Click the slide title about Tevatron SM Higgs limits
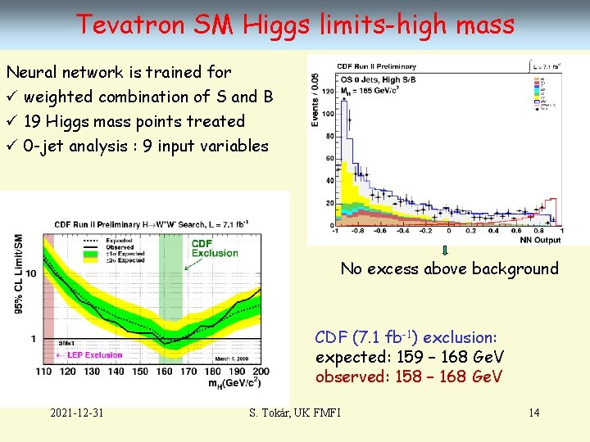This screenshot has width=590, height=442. click(295, 25)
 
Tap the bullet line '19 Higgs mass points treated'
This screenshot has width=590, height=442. click(134, 121)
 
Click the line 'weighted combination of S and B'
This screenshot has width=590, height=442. click(147, 97)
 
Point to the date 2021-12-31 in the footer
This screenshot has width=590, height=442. click(76, 412)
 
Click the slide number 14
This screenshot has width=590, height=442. click(533, 412)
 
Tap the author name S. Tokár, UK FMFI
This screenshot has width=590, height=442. click(295, 412)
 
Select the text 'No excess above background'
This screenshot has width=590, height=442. click(449, 268)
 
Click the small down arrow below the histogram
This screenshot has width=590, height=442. click(444, 251)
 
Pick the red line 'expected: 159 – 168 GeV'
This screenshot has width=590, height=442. click(409, 357)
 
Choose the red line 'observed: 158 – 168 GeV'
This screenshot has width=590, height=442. click(409, 377)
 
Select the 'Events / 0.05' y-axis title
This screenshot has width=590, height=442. click(315, 98)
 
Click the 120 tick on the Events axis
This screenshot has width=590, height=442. click(329, 92)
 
